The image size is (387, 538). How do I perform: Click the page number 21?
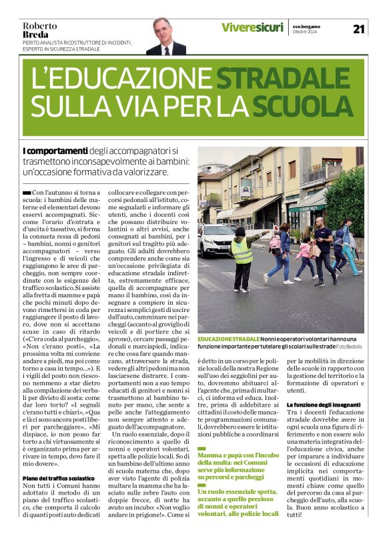pyautogui.click(x=359, y=28)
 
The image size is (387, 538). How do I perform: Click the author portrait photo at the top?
pyautogui.click(x=165, y=36)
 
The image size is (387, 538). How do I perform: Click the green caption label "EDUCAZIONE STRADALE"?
pyautogui.click(x=228, y=339)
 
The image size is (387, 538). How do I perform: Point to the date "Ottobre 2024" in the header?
pyautogui.click(x=306, y=33)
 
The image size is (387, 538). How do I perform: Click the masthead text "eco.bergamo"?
pyautogui.click(x=308, y=27)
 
